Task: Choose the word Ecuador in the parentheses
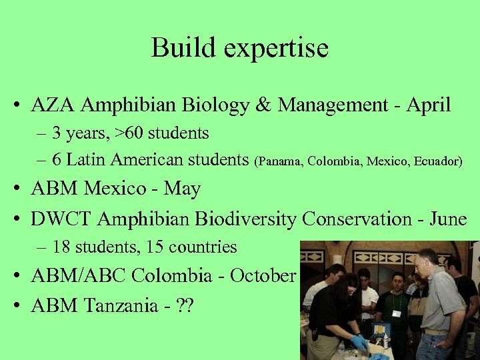[437, 161]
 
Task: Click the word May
[182, 189]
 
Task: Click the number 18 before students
[61, 247]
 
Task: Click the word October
[263, 275]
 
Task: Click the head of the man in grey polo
[426, 261]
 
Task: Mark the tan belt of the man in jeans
[437, 331]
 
